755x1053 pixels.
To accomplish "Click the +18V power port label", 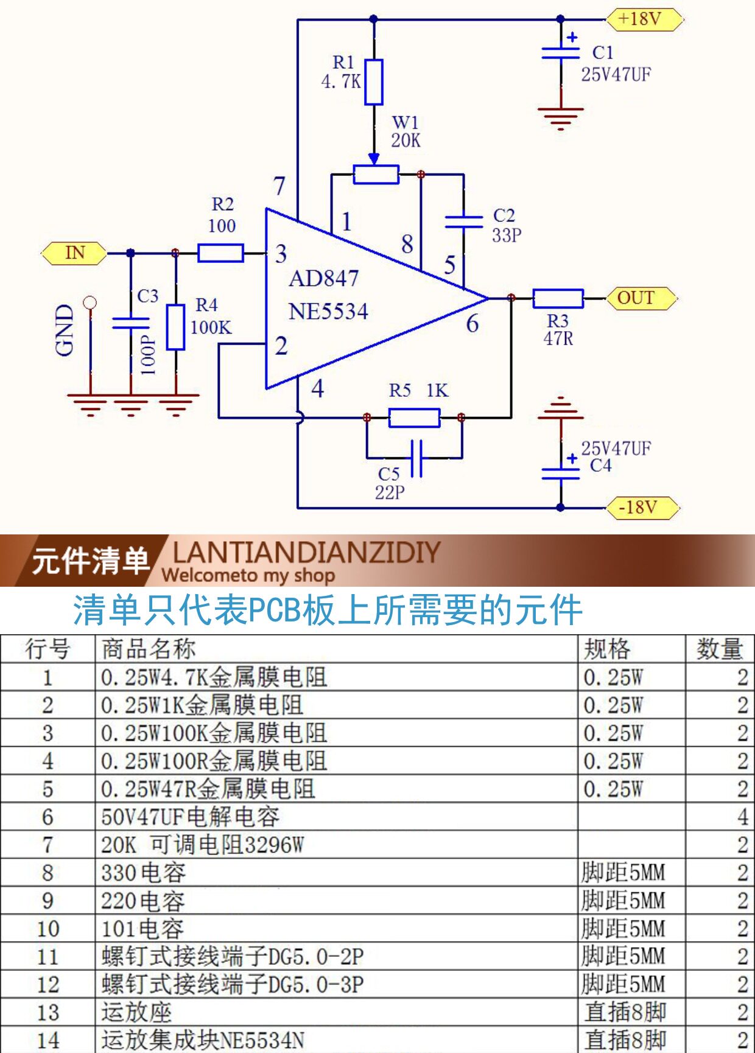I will pyautogui.click(x=644, y=19).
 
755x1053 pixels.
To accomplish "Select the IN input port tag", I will pyautogui.click(x=74, y=253).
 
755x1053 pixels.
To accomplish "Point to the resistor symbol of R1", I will pyautogui.click(x=373, y=82).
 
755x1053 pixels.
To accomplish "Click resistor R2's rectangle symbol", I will pyautogui.click(x=220, y=253).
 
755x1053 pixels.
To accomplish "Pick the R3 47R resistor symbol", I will pyautogui.click(x=558, y=298).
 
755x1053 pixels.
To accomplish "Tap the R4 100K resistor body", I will pyautogui.click(x=175, y=327).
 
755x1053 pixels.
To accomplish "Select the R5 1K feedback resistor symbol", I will pyautogui.click(x=414, y=418).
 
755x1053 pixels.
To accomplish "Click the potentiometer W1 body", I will pyautogui.click(x=376, y=175).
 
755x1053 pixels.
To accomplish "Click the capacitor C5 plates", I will pyautogui.click(x=416, y=458).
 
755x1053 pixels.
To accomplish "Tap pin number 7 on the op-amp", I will pyautogui.click(x=279, y=186).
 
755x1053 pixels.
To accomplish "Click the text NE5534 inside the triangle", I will pyautogui.click(x=328, y=312).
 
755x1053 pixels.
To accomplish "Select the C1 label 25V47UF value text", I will pyautogui.click(x=616, y=75).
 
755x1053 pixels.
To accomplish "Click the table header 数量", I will pyautogui.click(x=720, y=649).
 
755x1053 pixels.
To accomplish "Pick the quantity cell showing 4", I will pyautogui.click(x=742, y=817).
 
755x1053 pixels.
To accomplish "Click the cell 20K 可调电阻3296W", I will pyautogui.click(x=203, y=845).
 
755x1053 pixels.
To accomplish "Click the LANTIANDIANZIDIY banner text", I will pyautogui.click(x=306, y=553).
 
